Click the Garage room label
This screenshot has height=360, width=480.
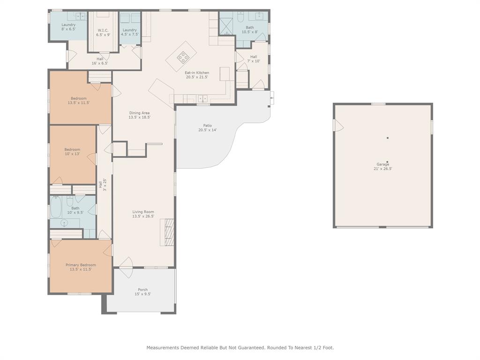382,166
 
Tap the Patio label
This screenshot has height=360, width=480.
208,127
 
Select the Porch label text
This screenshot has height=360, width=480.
142,292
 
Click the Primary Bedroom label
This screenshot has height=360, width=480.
81,267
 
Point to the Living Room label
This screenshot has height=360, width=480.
143,214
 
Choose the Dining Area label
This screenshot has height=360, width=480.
139,115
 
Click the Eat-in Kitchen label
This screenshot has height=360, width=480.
197,75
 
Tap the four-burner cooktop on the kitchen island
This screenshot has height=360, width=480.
183,57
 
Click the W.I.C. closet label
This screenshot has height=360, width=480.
103,32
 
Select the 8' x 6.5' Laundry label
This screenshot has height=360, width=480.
68,27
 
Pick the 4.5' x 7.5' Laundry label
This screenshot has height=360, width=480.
129,32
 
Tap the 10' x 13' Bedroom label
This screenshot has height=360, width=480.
72,152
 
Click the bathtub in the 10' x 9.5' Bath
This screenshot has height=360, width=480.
56,207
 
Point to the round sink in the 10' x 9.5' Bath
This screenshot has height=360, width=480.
64,223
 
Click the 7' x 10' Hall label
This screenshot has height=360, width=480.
254,59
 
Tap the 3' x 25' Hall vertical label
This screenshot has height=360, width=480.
102,185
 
